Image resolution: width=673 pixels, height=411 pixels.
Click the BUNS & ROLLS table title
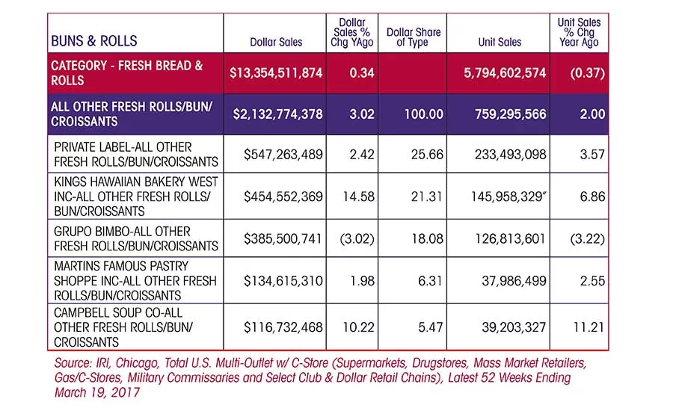pyautogui.click(x=94, y=41)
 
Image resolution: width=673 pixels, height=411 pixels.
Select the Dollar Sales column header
pyautogui.click(x=276, y=42)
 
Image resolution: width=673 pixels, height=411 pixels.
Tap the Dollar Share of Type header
pyautogui.click(x=414, y=37)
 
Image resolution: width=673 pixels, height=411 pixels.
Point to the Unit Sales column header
pyautogui.click(x=500, y=42)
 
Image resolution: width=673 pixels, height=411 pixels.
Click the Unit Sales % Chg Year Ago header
pyautogui.click(x=579, y=32)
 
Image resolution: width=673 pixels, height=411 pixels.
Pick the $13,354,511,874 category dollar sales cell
pyautogui.click(x=276, y=73)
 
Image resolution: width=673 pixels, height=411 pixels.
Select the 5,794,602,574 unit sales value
pyautogui.click(x=505, y=73)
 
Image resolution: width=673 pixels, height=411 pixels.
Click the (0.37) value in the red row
pyautogui.click(x=588, y=73)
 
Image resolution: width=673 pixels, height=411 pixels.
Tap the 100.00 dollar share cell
pyautogui.click(x=424, y=114)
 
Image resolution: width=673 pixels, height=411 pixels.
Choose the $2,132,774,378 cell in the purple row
pyautogui.click(x=277, y=114)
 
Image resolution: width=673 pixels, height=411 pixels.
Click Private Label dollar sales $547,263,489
pyautogui.click(x=283, y=155)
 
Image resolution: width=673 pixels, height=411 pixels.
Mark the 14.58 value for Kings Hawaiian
pyautogui.click(x=358, y=197)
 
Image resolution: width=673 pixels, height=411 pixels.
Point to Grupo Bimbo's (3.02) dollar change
pyautogui.click(x=357, y=238)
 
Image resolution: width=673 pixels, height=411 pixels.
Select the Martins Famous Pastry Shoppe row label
pyautogui.click(x=135, y=280)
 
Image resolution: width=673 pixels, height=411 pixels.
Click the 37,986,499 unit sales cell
pyautogui.click(x=514, y=280)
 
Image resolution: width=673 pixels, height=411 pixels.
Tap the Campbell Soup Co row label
pyautogui.click(x=123, y=327)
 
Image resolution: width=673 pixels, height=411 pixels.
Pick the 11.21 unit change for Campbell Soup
pyautogui.click(x=589, y=327)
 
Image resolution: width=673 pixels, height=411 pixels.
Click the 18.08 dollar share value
pyautogui.click(x=427, y=238)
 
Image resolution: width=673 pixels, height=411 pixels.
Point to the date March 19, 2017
pyautogui.click(x=97, y=392)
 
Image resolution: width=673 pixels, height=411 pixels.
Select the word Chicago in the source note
pyautogui.click(x=138, y=363)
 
